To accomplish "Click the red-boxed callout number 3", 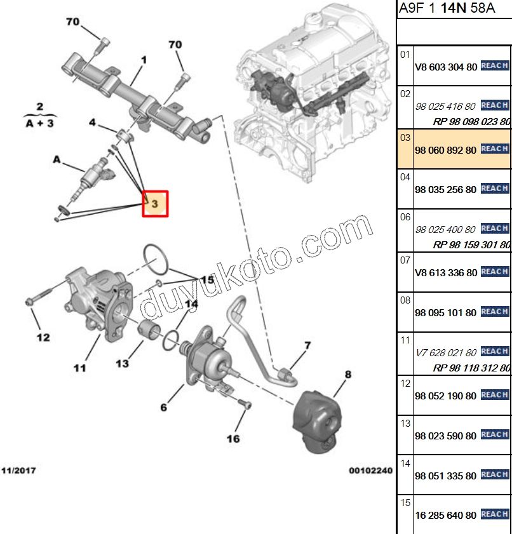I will [x=155, y=204].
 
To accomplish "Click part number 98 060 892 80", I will [x=445, y=149].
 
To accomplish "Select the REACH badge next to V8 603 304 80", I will [x=495, y=65].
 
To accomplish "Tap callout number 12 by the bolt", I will [x=43, y=337].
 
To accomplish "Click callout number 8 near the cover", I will [x=347, y=375].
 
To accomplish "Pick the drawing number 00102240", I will [x=370, y=471].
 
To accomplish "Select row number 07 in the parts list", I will [x=405, y=258].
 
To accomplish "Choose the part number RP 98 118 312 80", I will [x=471, y=368].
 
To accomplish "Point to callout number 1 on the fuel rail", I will [x=144, y=60].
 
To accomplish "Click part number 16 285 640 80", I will [x=445, y=515].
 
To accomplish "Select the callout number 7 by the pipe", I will [x=307, y=345].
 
